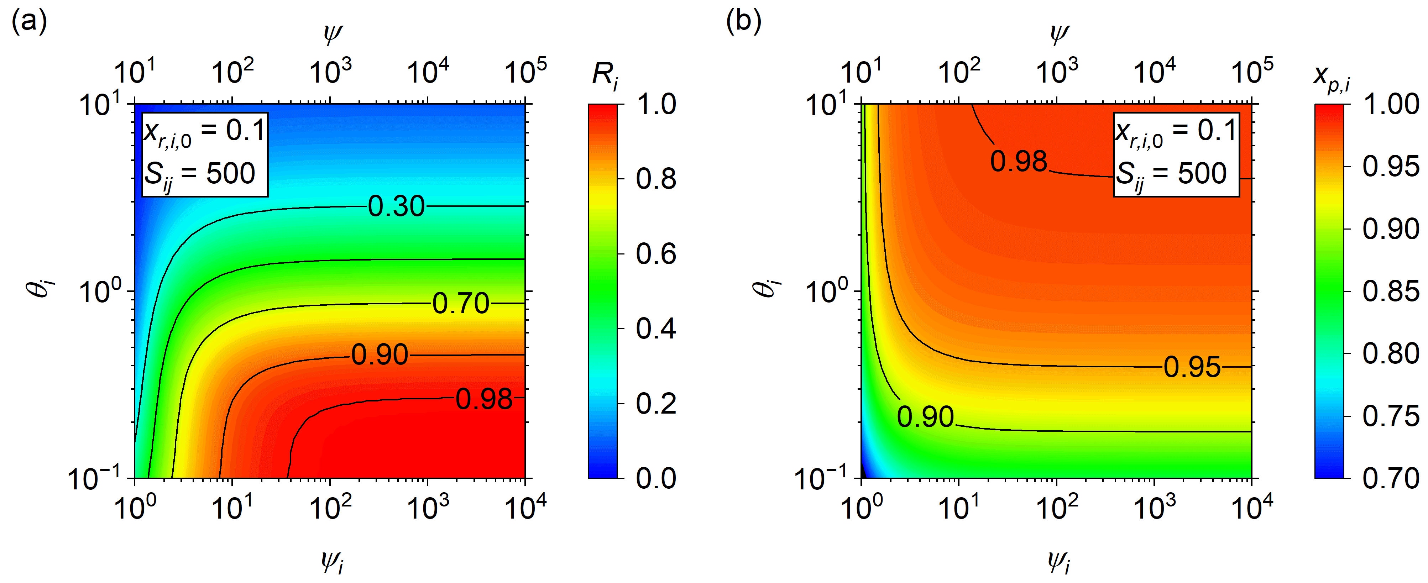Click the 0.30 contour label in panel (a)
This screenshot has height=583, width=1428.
pos(396,206)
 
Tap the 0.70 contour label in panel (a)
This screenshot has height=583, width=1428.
pos(461,303)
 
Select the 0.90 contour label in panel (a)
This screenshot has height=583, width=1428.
pos(380,355)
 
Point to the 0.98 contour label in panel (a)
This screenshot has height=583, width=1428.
pos(484,399)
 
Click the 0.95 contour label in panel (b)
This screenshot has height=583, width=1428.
pos(1192,367)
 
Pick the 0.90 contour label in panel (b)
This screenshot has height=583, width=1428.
pos(925,417)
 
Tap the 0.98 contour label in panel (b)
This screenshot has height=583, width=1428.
pos(1019,161)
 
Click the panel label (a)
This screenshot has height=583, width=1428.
pos(29,22)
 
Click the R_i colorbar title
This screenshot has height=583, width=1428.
pos(605,75)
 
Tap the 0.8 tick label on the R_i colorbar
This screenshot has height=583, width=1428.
pos(656,179)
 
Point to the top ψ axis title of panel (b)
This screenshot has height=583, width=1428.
pos(1059,35)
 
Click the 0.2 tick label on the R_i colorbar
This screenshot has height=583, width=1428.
pos(656,404)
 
